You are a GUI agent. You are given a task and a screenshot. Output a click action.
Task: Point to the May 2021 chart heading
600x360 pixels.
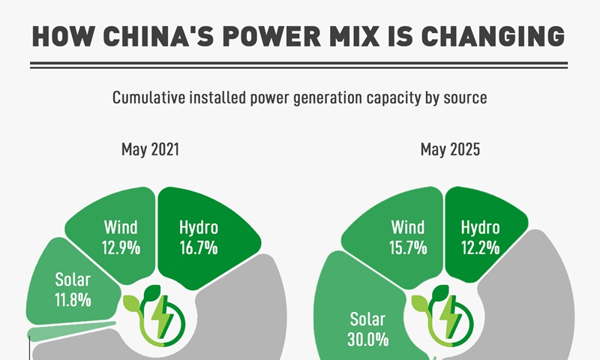[x=150, y=149]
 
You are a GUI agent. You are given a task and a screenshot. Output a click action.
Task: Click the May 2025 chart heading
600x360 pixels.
[x=450, y=149]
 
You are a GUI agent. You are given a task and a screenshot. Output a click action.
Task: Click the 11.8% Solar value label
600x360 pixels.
[x=73, y=299]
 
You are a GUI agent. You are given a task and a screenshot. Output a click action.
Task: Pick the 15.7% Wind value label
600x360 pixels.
[x=409, y=247]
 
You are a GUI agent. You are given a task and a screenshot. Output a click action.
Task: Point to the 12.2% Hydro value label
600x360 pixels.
[x=480, y=247]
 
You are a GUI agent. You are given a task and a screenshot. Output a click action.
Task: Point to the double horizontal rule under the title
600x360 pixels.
[x=300, y=66]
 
